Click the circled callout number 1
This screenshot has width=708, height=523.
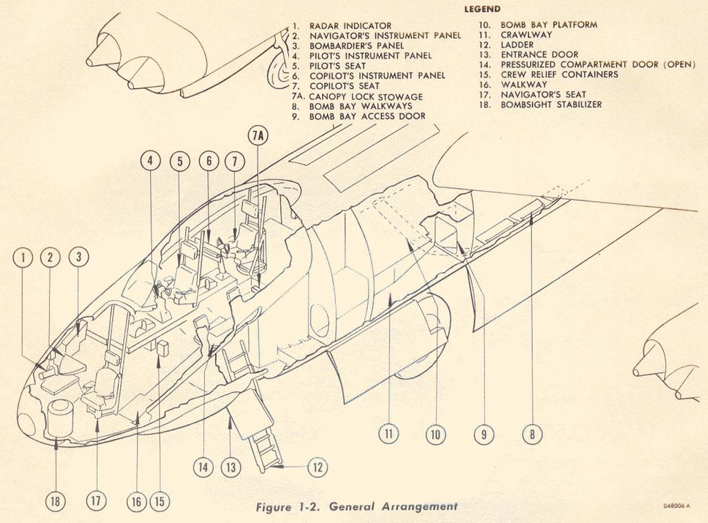pos(23,257)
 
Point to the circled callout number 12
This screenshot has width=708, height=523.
pos(316,467)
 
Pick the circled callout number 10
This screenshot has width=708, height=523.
pos(434,435)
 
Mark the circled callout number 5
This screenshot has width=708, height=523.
pos(179,162)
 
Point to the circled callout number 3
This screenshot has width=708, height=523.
pos(80,257)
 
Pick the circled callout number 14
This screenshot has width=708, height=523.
pos(205,467)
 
